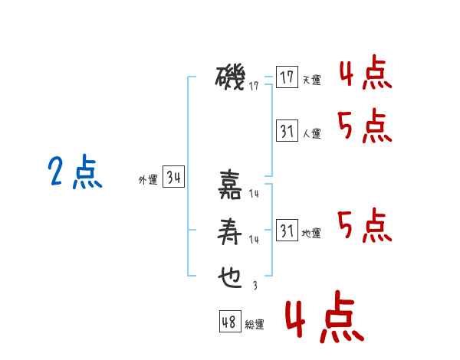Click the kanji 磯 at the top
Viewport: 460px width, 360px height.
[230, 77]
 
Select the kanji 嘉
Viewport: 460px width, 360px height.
[230, 185]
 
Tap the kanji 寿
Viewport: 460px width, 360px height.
[230, 231]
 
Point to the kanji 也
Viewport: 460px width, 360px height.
[230, 277]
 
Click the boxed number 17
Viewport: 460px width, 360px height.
[287, 77]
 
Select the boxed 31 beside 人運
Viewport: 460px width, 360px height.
[287, 130]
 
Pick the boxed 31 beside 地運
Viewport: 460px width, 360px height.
[287, 230]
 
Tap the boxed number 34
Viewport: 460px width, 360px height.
[173, 176]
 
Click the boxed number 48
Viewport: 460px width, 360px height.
[230, 322]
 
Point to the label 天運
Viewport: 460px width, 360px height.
[312, 80]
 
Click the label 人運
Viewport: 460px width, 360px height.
[312, 134]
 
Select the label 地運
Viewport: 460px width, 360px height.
[311, 234]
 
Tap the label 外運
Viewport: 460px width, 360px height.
[148, 180]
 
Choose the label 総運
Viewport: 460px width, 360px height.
[255, 325]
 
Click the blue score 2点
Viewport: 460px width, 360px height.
[75, 172]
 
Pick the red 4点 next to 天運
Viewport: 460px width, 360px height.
[366, 73]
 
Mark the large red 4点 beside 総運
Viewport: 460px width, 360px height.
[325, 316]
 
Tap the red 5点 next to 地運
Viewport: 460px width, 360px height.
[365, 226]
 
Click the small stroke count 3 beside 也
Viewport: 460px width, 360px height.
[255, 286]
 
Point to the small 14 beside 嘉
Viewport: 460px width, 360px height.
[254, 194]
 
